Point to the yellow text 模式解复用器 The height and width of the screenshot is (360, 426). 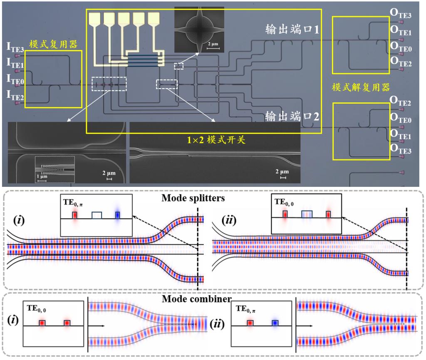358,87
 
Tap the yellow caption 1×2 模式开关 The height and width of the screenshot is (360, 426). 216,140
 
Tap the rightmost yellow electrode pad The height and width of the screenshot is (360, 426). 154,18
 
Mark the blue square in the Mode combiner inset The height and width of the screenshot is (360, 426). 275,323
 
